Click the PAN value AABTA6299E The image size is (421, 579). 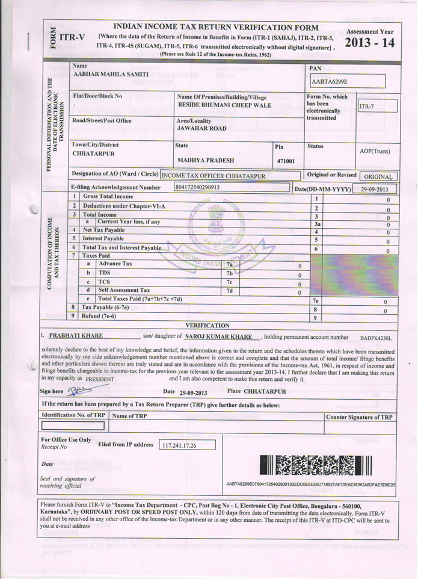(x=330, y=81)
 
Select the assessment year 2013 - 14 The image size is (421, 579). (x=369, y=43)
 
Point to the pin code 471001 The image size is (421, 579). (x=286, y=161)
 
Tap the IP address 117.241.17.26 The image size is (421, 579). (x=179, y=446)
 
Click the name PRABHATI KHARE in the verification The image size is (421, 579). (x=76, y=336)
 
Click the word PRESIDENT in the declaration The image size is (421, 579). (x=99, y=380)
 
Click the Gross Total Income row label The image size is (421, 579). (x=108, y=197)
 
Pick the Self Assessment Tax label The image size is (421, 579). (x=124, y=290)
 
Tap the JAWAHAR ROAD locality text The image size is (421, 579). (x=201, y=128)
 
